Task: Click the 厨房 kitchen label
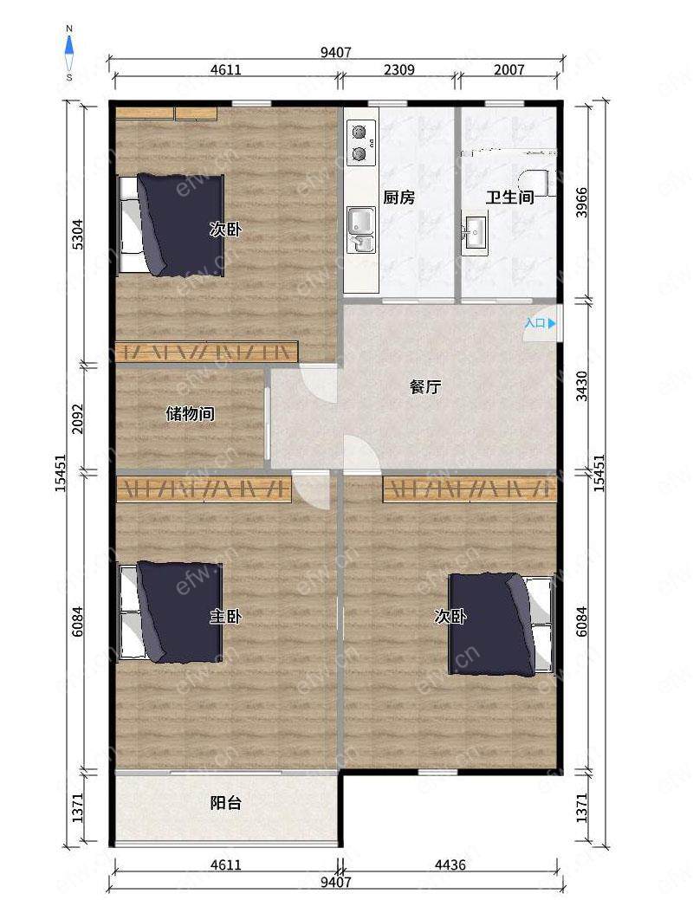pos(398,197)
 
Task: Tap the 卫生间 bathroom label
pos(510,197)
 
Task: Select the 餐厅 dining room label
pos(424,387)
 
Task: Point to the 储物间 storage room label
pos(190,413)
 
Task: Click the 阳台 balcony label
pos(225,802)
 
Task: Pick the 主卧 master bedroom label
pos(225,617)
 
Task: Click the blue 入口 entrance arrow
pos(552,323)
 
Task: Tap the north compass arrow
pos(69,45)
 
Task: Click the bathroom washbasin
pos(475,232)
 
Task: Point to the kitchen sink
pos(360,229)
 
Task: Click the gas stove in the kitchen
pos(361,143)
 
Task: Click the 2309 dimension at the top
pos(399,69)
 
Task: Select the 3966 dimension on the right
pos(582,202)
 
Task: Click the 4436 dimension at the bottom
pos(450,864)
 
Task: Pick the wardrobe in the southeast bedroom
pos(470,489)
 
